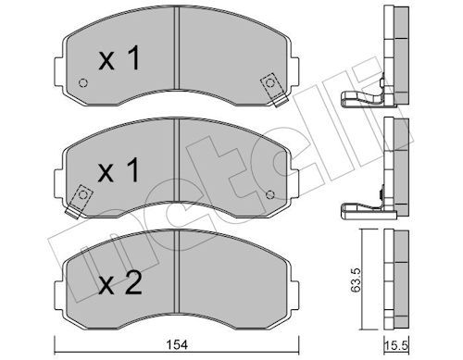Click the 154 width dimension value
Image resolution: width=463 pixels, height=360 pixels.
[x=177, y=344]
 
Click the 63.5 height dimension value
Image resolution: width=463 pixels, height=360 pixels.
[x=356, y=279]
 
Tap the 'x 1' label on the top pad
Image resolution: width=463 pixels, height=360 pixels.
[x=119, y=57]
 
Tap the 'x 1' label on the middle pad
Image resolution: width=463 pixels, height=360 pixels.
[x=119, y=169]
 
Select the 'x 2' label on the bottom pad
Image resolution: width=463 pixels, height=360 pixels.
[x=120, y=282]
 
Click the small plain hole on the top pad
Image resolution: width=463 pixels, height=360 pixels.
[x=83, y=82]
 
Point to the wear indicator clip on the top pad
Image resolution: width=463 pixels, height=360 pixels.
[x=273, y=89]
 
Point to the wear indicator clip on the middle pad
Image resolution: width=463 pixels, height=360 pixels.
[x=79, y=201]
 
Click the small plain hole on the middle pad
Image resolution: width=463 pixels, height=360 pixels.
[x=270, y=194]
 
